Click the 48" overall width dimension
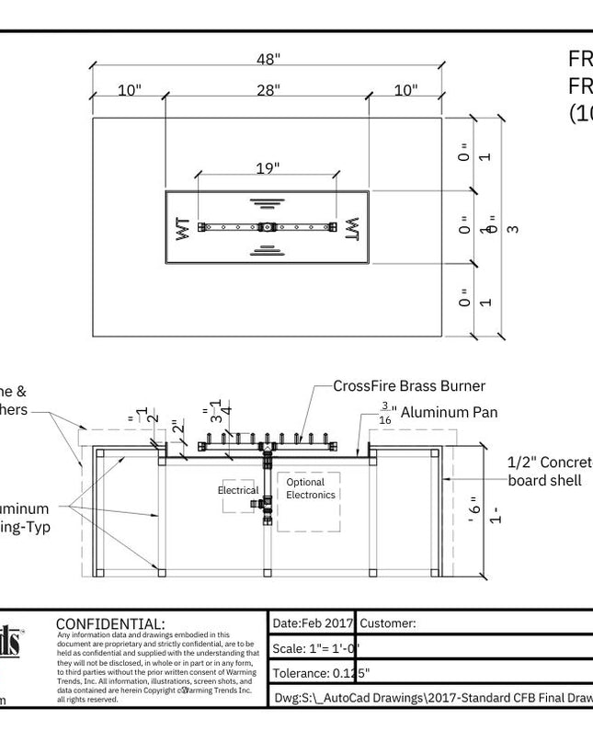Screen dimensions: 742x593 (x=268, y=60)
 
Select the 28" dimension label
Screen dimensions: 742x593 (x=268, y=90)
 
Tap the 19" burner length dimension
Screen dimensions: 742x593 (x=268, y=168)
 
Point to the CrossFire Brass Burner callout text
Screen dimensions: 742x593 (x=409, y=386)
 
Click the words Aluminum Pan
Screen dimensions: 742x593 (x=449, y=413)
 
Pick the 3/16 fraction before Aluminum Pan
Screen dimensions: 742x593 (x=385, y=412)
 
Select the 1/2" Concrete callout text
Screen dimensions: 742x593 (x=550, y=462)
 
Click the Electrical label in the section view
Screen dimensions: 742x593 (x=238, y=490)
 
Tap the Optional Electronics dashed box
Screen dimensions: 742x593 (x=308, y=501)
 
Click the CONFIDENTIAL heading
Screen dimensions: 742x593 (x=110, y=624)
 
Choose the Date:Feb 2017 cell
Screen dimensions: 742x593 (x=313, y=623)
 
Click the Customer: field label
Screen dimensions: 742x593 (x=388, y=623)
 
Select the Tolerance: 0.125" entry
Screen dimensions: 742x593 (x=322, y=673)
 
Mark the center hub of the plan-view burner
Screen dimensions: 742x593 (x=267, y=226)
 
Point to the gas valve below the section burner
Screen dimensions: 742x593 (x=267, y=504)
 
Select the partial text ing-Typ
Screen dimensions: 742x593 (x=25, y=527)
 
